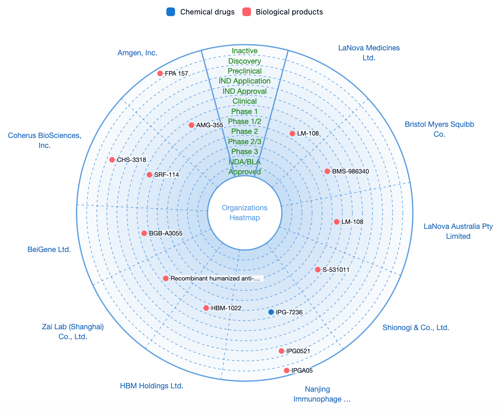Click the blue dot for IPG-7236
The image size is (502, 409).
[271, 312]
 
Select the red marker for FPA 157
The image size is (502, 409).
[160, 74]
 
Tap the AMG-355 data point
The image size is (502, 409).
[192, 125]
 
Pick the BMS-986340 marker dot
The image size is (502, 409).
[327, 171]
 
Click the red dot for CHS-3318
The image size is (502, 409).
[112, 160]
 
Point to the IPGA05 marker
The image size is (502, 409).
[287, 370]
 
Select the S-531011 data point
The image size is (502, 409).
[318, 270]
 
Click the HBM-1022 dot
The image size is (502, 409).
[206, 308]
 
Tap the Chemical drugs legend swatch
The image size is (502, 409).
[170, 12]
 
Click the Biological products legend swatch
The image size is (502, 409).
[246, 12]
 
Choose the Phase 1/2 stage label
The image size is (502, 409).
[245, 121]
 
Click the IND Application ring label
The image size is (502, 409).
[245, 81]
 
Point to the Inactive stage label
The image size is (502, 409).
[245, 51]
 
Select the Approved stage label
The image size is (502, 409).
[245, 172]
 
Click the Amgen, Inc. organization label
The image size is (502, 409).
[137, 53]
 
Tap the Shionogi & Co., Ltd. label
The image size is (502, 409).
[416, 327]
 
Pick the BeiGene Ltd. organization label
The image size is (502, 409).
[49, 249]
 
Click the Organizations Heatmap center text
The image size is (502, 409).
[245, 212]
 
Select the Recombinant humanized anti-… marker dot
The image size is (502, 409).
[166, 278]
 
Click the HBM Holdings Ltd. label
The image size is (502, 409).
[152, 385]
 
